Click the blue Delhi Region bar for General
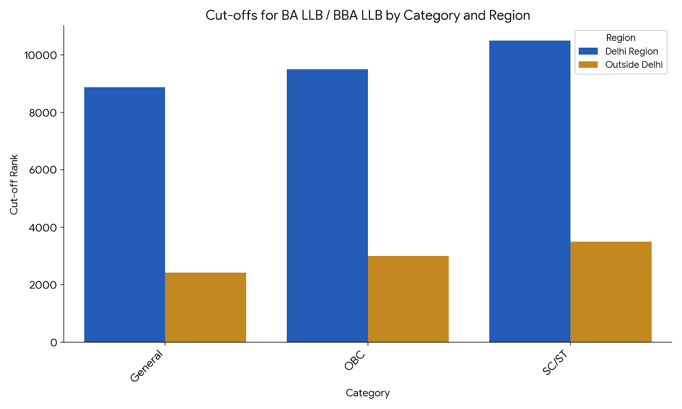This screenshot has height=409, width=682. click(x=124, y=215)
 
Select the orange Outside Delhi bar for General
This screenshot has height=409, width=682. click(x=205, y=307)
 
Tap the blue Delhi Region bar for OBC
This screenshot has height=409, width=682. click(x=327, y=206)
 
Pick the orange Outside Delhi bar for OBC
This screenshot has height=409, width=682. click(x=408, y=299)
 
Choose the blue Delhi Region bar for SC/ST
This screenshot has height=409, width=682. click(x=529, y=191)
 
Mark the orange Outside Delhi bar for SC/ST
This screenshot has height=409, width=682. click(x=610, y=292)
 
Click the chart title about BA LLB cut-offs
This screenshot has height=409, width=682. click(x=367, y=15)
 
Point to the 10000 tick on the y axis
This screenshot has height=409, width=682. click(x=40, y=55)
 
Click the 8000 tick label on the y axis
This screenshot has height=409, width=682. click(x=43, y=113)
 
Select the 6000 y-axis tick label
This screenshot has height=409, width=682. click(x=43, y=170)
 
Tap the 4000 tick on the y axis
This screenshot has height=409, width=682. click(x=43, y=228)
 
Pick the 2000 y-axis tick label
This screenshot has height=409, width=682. click(x=43, y=285)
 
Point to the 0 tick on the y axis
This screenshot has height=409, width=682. click(x=53, y=343)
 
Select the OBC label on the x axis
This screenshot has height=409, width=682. click(x=355, y=361)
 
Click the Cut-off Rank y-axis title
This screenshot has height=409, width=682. click(x=14, y=184)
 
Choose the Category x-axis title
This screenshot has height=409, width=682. click(x=367, y=393)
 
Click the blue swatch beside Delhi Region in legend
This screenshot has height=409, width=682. click(x=588, y=52)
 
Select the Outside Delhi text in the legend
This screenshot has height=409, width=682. click(x=634, y=65)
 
